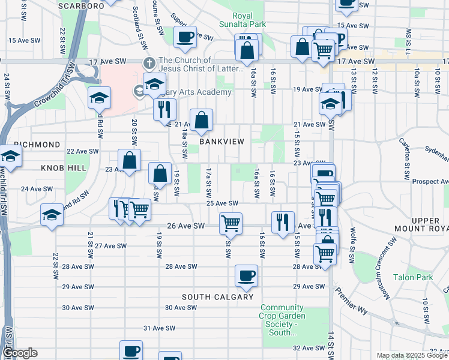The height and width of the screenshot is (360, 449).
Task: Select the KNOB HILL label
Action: [64, 168]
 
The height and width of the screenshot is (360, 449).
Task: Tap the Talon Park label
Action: [413, 277]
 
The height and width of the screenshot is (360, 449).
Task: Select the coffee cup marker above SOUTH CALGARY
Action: [246, 276]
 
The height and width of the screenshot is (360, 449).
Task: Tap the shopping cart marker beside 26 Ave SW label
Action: [231, 223]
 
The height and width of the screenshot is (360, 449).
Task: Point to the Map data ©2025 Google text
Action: [412, 355]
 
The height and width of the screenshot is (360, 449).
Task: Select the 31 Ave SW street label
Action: [158, 328]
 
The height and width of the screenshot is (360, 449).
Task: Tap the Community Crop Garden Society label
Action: [282, 320]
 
